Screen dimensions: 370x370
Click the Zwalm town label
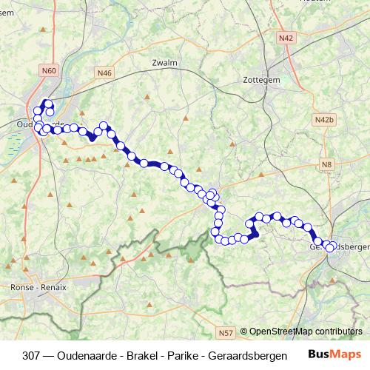pos(164,64)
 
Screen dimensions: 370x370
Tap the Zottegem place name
pos(259,79)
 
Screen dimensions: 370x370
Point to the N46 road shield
pos(104,73)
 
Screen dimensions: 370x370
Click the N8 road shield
pos(326,164)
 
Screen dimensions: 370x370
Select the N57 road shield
pos(226,332)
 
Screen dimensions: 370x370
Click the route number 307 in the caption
pos(32,355)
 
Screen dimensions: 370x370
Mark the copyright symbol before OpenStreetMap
pos(243,332)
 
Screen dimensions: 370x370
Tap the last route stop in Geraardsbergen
pos(330,248)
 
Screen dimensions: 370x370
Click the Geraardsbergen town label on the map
pos(343,247)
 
